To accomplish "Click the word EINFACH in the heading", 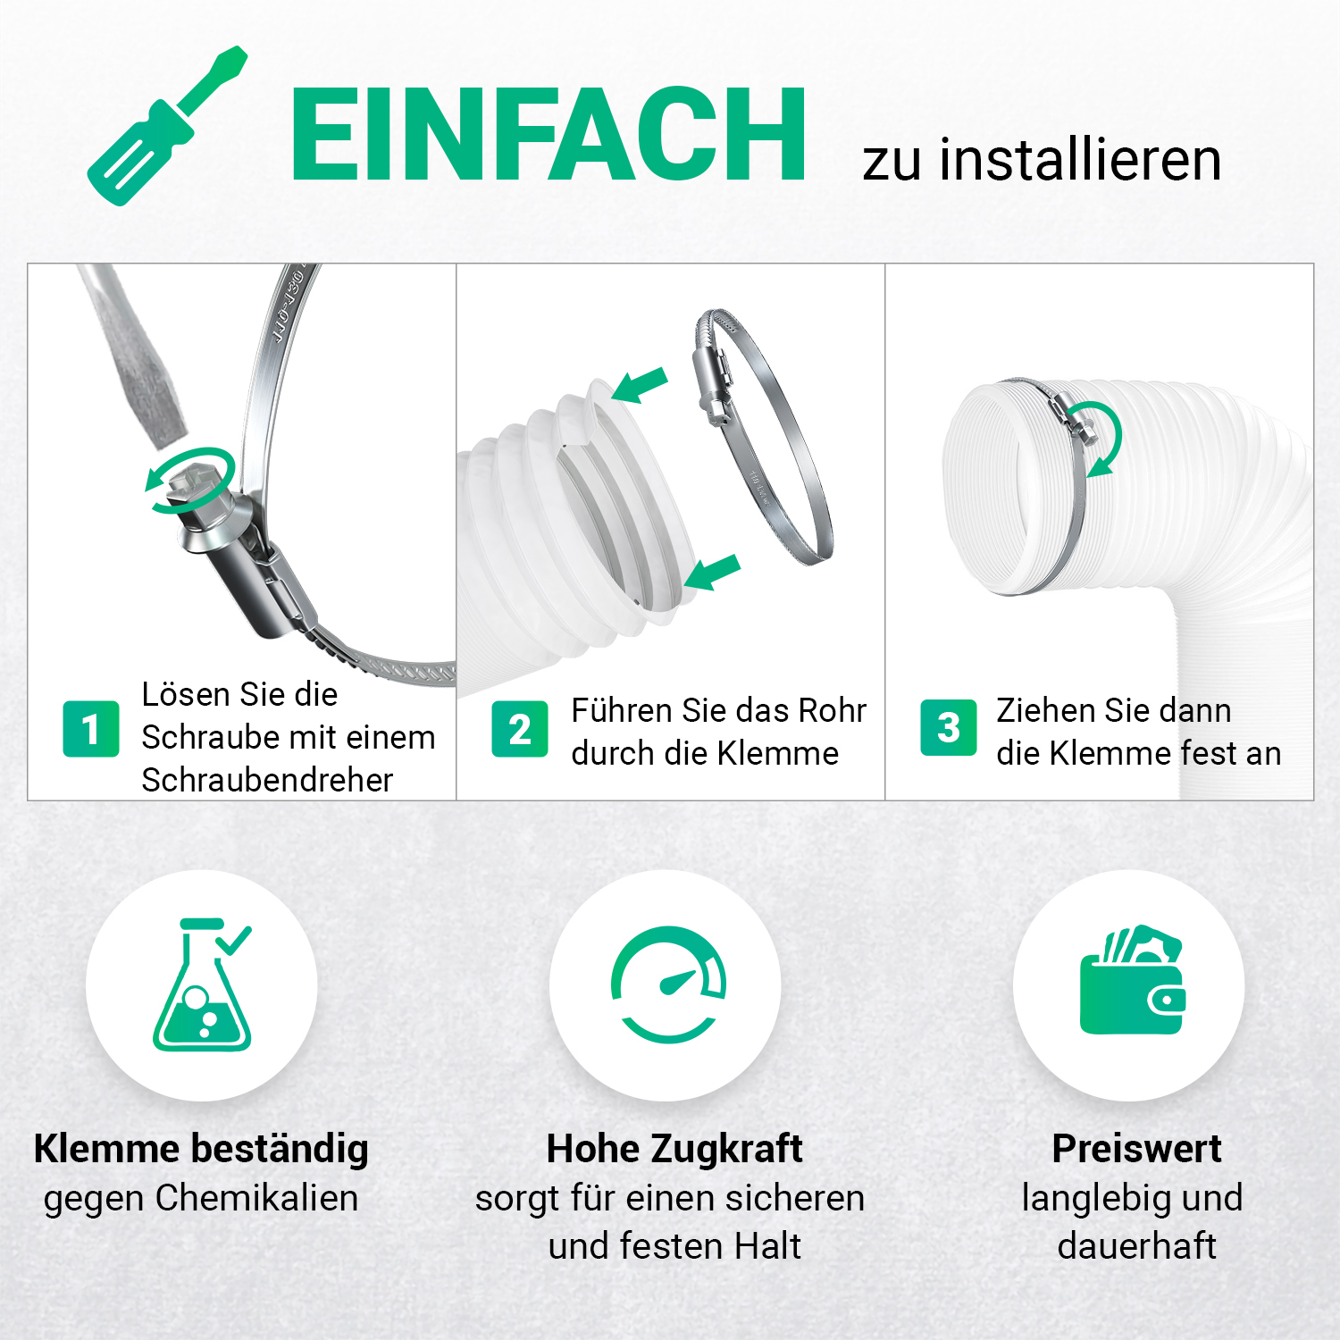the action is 548,136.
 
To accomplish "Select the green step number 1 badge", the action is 91,729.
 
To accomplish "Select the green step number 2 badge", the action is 520,729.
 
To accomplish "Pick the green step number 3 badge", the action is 949,727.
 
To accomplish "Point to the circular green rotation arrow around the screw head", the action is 190,481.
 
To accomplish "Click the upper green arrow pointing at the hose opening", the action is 639,385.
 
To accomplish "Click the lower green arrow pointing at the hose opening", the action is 712,573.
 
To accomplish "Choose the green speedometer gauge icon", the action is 668,984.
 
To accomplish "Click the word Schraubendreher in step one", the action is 267,780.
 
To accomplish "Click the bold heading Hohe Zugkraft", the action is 674,1149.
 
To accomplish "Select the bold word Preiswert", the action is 1136,1149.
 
